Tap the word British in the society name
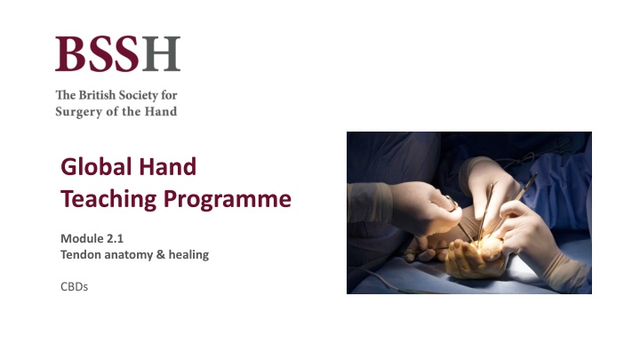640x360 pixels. pos(97,94)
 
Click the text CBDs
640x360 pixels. pos(74,287)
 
